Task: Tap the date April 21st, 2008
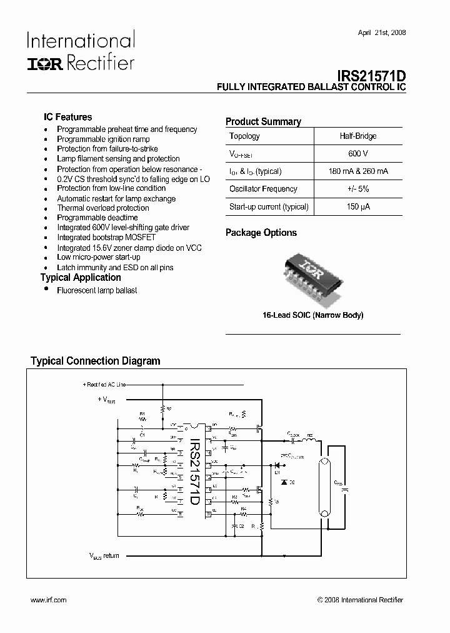[381, 33]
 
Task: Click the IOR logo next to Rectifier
[44, 63]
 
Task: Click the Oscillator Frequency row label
[263, 189]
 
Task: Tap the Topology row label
[244, 136]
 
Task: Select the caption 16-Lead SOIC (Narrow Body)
[312, 315]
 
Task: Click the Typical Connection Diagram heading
[96, 361]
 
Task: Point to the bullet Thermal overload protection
[103, 208]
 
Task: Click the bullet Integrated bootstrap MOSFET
[106, 238]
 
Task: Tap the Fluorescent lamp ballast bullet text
[97, 290]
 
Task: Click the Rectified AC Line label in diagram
[104, 384]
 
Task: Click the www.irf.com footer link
[48, 600]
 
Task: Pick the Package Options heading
[261, 233]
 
